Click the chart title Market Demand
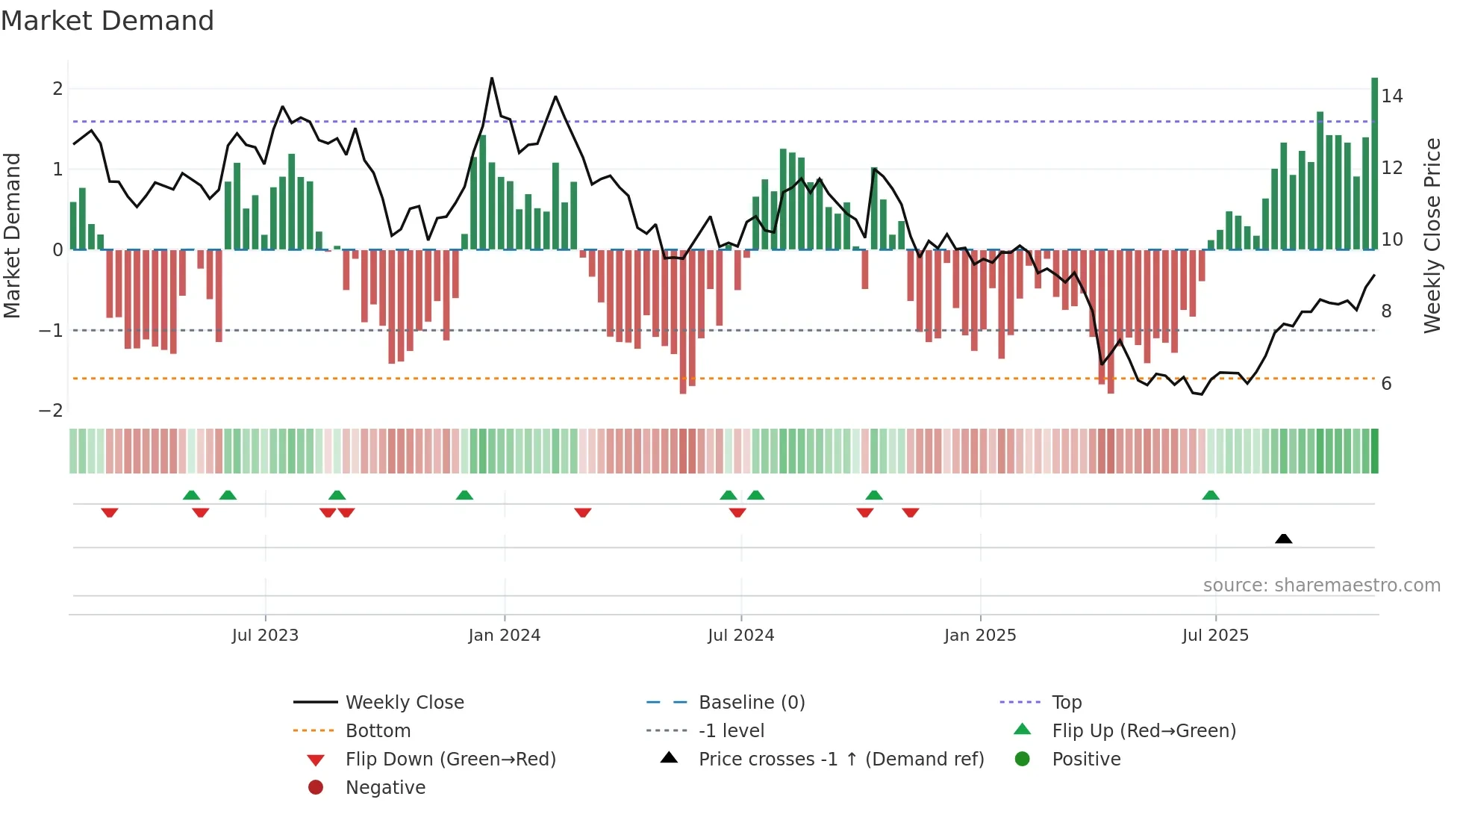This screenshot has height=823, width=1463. [x=107, y=21]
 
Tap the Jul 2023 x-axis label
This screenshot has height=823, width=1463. [x=265, y=636]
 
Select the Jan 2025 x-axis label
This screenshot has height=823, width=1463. [x=979, y=636]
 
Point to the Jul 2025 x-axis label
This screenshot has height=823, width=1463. [x=1215, y=636]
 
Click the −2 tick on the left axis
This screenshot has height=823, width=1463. [x=51, y=411]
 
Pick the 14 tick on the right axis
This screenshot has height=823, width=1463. [x=1391, y=96]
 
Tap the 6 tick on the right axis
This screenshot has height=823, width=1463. [x=1386, y=384]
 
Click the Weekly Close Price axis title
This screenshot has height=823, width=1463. [x=1432, y=235]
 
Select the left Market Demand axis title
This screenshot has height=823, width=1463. [x=13, y=235]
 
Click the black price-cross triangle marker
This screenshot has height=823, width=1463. [x=1283, y=538]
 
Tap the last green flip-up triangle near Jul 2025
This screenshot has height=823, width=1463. [x=1211, y=495]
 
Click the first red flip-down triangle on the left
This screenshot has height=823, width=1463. [x=110, y=512]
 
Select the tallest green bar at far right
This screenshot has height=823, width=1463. [x=1374, y=164]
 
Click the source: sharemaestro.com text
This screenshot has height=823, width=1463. [x=1321, y=586]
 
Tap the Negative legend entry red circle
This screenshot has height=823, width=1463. [x=316, y=788]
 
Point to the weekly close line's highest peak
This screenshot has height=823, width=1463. [x=492, y=78]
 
